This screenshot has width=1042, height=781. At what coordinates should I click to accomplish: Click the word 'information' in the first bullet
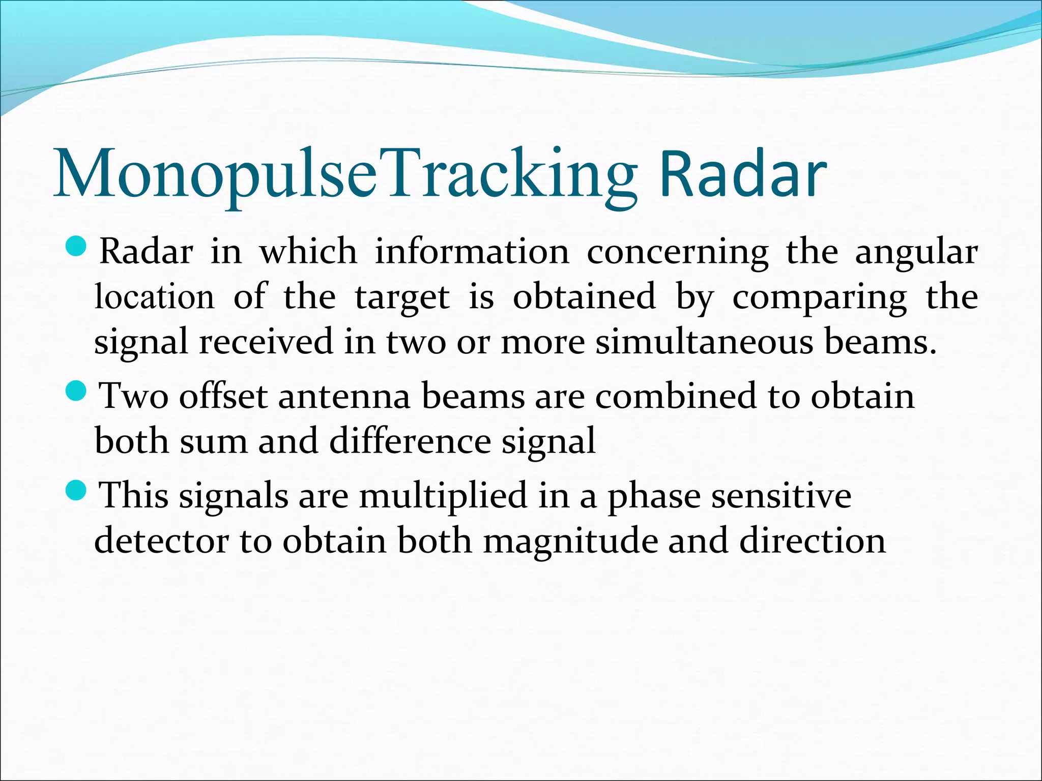(472, 252)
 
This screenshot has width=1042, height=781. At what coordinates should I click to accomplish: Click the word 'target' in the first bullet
(402, 297)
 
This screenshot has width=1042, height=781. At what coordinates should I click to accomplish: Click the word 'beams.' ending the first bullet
(880, 342)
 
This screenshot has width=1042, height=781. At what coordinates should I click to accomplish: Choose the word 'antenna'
(344, 396)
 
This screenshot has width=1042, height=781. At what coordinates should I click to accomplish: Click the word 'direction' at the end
(812, 540)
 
